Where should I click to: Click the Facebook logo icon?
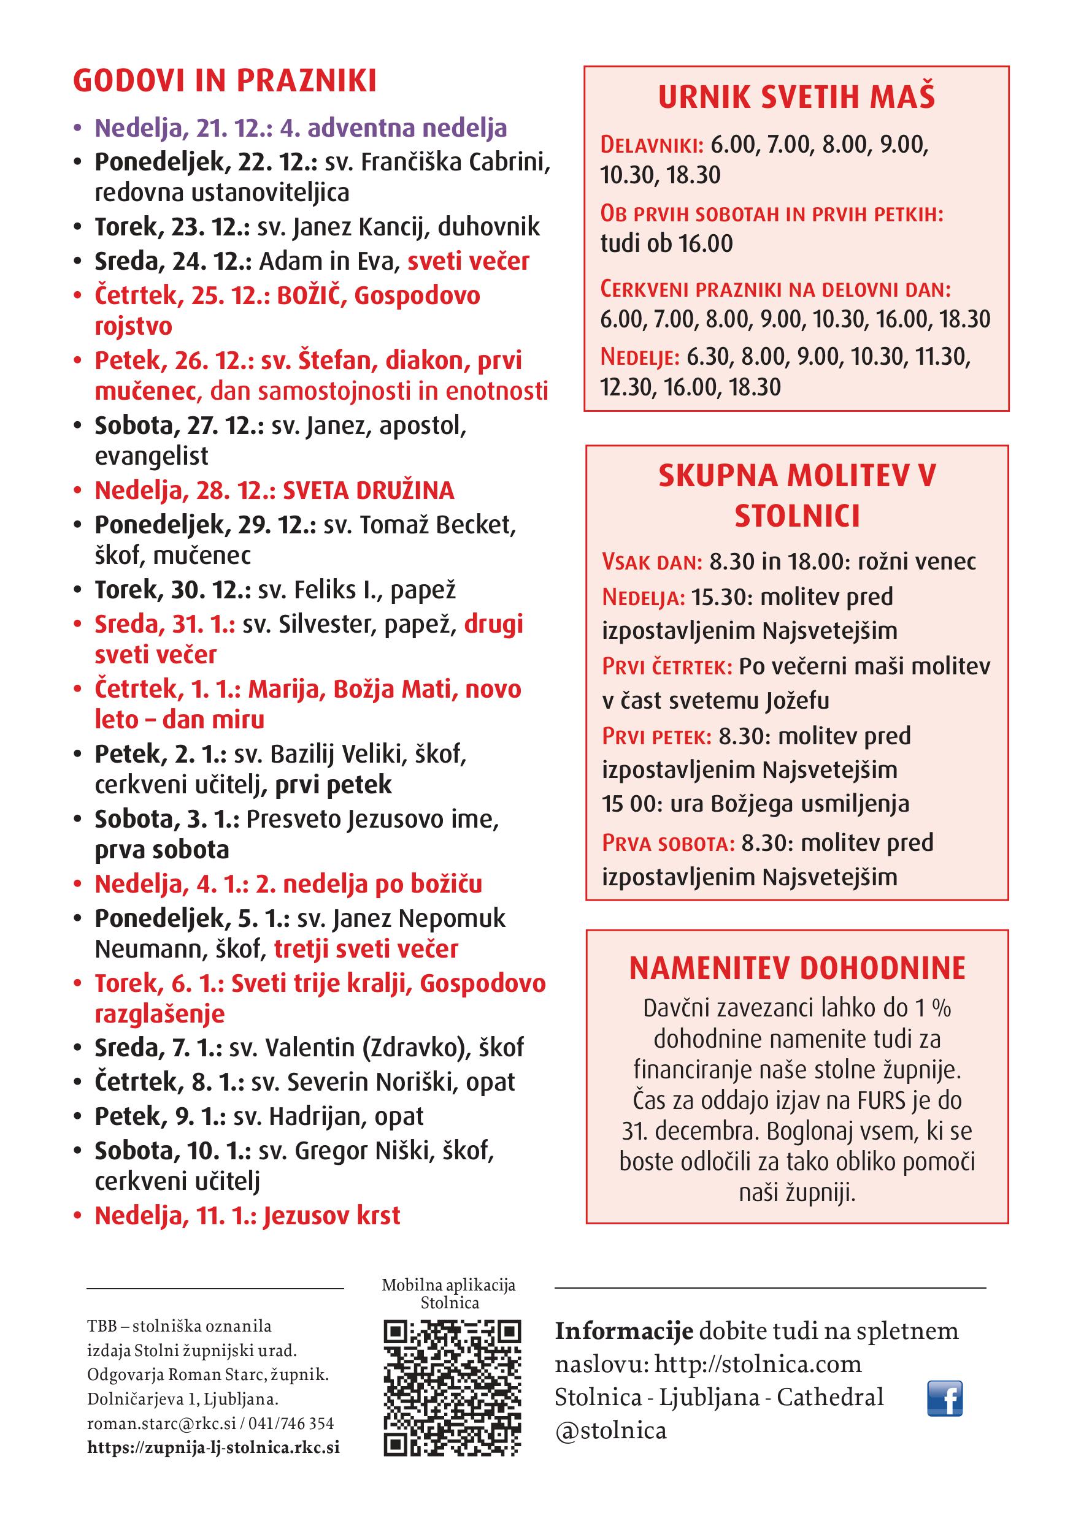pyautogui.click(x=944, y=1398)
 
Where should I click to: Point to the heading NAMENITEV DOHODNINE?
pyautogui.click(x=797, y=969)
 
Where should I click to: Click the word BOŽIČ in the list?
pyautogui.click(x=309, y=295)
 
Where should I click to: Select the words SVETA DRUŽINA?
pyautogui.click(x=369, y=490)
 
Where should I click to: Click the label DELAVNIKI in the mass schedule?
pyautogui.click(x=652, y=145)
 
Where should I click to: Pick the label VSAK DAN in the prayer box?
pyautogui.click(x=652, y=562)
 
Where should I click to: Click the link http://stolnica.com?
pyautogui.click(x=758, y=1364)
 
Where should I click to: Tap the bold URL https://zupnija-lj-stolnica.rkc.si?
pyautogui.click(x=213, y=1447)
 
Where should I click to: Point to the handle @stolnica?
pyautogui.click(x=610, y=1431)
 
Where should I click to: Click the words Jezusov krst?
pyautogui.click(x=332, y=1216)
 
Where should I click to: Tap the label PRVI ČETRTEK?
pyautogui.click(x=667, y=666)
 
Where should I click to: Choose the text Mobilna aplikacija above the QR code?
pyautogui.click(x=448, y=1285)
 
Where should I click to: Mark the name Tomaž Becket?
pyautogui.click(x=436, y=525)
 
